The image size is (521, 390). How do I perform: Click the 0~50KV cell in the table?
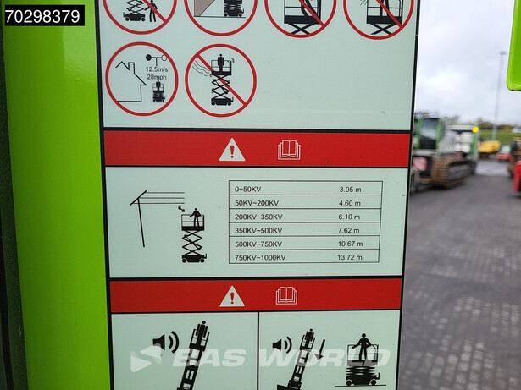pos(247,190)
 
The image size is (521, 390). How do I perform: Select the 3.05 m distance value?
pos(350,190)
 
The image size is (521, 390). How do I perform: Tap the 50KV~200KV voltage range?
pos(257,203)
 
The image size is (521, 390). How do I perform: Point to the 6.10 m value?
pos(349,217)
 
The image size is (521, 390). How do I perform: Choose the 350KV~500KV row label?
pos(258,230)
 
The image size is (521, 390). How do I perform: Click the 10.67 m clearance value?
pos(350,244)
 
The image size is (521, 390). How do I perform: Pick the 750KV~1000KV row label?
pos(260,257)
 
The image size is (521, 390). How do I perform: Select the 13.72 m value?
pos(350,257)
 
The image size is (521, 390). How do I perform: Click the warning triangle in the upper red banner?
pos(232,150)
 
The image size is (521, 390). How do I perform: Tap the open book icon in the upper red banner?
pos(289,150)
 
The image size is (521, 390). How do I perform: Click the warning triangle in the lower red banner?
pos(232,296)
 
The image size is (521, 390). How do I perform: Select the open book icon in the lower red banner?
pos(286,295)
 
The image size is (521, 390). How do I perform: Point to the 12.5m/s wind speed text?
pos(157,69)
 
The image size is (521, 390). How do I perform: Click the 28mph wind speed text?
pos(157,77)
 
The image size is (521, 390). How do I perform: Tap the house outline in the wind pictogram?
pos(130,81)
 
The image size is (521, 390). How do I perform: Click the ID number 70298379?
pos(43,16)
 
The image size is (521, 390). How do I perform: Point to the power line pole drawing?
pos(141,218)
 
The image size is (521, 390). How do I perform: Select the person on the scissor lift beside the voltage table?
pos(196,217)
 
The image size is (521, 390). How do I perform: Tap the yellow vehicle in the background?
pos(489,148)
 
